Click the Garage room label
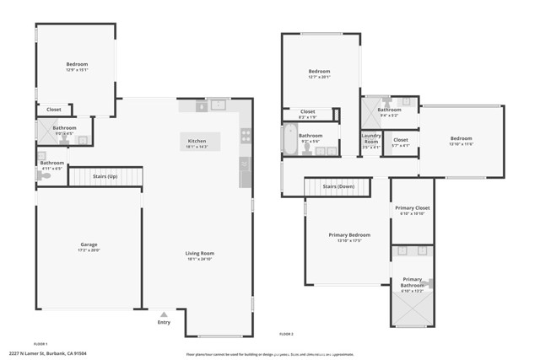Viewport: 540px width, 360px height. click(x=89, y=245)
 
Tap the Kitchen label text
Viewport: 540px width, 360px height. click(x=197, y=142)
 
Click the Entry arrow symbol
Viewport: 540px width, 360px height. click(x=164, y=313)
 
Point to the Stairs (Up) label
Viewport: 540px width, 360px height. click(x=105, y=177)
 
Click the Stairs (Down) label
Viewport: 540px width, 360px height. click(x=338, y=185)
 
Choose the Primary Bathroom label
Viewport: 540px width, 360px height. click(x=412, y=282)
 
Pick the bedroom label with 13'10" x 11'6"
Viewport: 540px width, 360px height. click(x=461, y=141)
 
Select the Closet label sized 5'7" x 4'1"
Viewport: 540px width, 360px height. click(x=401, y=142)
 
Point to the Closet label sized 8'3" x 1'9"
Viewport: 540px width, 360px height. click(x=307, y=114)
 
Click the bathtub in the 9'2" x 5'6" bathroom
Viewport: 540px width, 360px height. click(x=289, y=139)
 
